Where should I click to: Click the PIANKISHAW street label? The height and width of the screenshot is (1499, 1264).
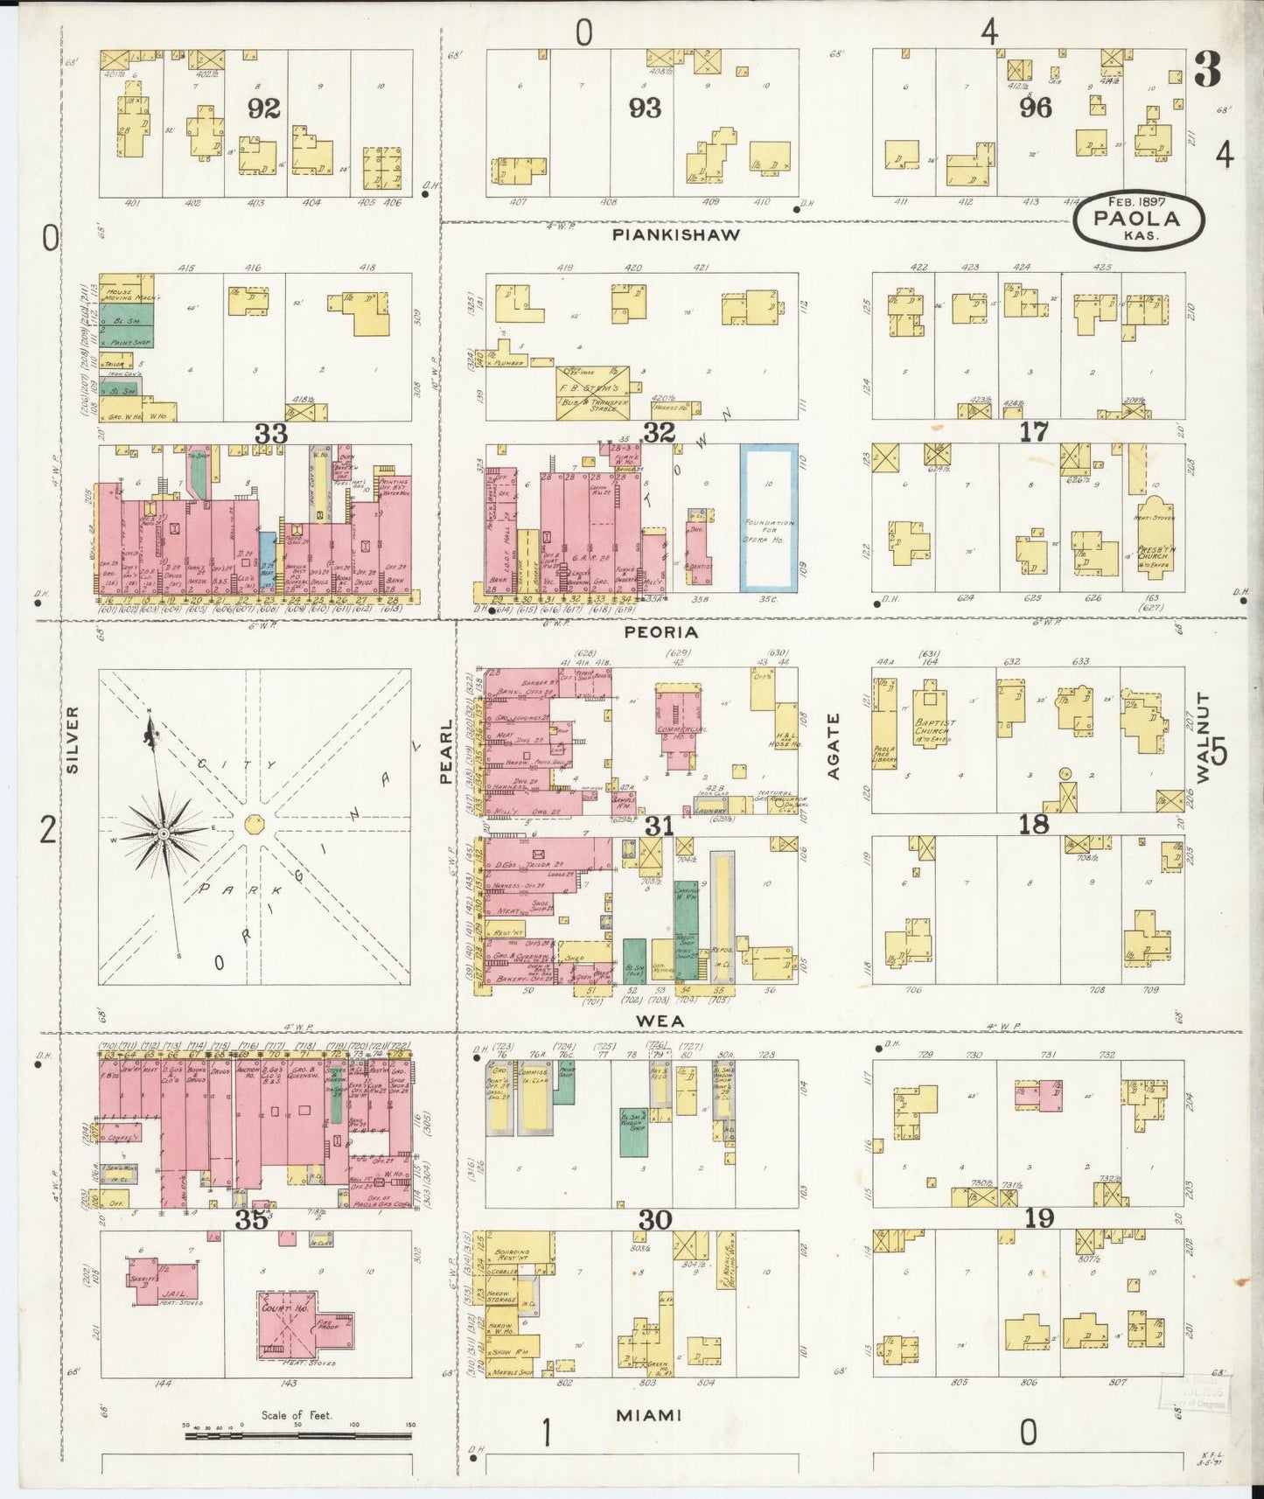[x=675, y=234]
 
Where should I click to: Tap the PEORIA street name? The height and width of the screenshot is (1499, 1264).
[x=660, y=631]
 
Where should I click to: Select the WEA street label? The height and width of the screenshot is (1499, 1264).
[x=660, y=1021]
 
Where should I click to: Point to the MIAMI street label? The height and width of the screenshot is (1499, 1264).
[x=648, y=1415]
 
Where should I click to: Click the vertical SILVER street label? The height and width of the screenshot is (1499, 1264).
[x=73, y=739]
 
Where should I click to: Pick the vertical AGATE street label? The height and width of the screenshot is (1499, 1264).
[x=833, y=746]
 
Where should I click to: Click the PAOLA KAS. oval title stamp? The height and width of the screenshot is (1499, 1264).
[x=1138, y=220]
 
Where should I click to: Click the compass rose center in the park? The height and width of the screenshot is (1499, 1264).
[x=164, y=834]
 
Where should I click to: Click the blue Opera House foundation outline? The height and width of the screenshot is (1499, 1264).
[x=769, y=517]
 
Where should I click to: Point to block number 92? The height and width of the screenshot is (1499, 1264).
[x=263, y=108]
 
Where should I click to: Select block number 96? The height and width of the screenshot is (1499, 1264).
[x=1035, y=108]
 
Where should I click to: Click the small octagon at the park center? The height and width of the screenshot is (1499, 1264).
[x=254, y=823]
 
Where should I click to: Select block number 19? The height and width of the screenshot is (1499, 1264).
[x=1038, y=1218]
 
